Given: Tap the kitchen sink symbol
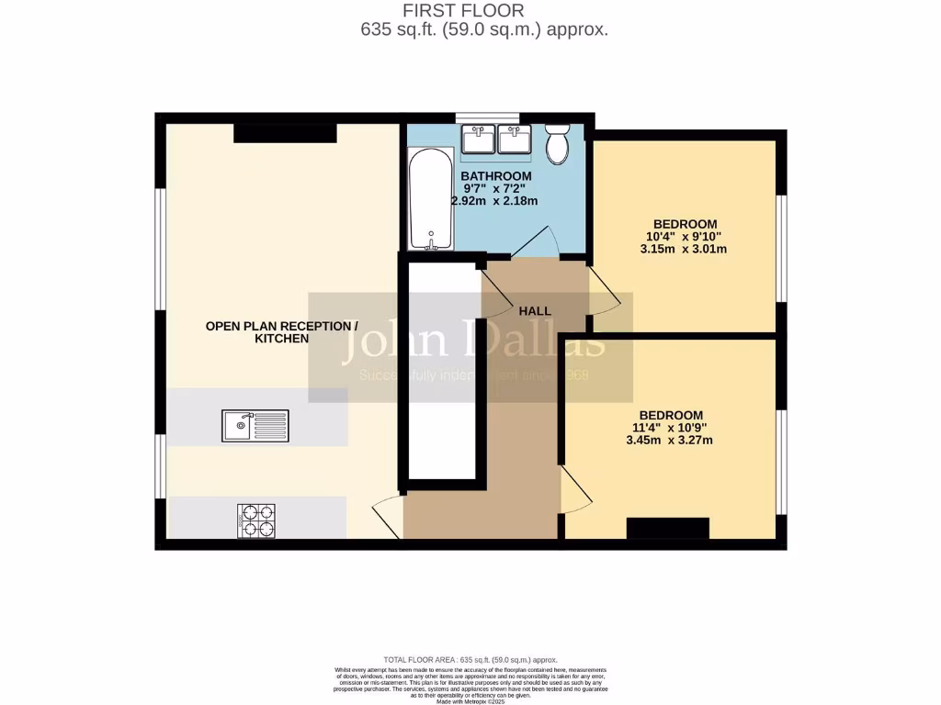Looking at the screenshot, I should pyautogui.click(x=255, y=426).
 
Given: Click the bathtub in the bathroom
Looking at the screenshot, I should pyautogui.click(x=431, y=201).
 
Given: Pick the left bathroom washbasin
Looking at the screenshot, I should pyautogui.click(x=479, y=140).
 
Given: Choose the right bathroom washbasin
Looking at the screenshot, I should pyautogui.click(x=512, y=140).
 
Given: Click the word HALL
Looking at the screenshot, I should pyautogui.click(x=535, y=311).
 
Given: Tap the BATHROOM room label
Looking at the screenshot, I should pyautogui.click(x=495, y=176).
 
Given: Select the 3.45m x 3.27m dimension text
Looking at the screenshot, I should pyautogui.click(x=670, y=440).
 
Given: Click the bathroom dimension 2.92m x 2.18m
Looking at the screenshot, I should pyautogui.click(x=494, y=201).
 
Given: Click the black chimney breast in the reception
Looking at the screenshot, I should pyautogui.click(x=285, y=133).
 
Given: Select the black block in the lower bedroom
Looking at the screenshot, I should pyautogui.click(x=668, y=529).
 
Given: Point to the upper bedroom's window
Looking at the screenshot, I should pyautogui.click(x=781, y=248).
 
